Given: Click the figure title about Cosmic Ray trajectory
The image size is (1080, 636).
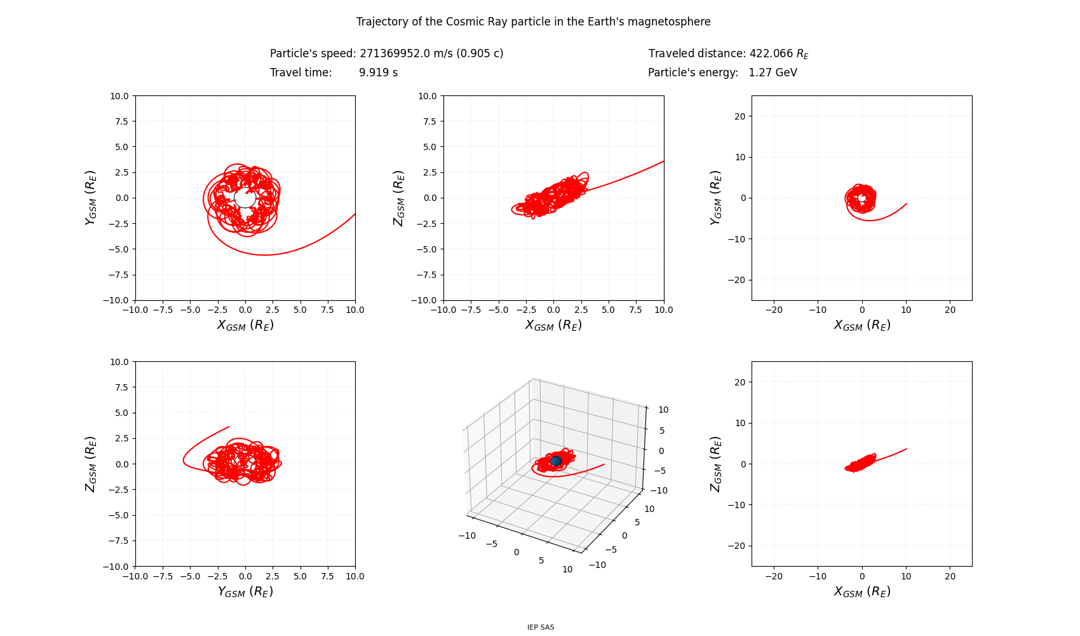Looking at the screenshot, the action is [533, 22].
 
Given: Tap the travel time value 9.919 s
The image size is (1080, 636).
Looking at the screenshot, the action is [379, 73].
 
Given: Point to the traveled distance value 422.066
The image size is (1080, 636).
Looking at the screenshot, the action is [771, 53].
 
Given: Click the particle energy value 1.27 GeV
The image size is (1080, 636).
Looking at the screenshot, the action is [773, 73].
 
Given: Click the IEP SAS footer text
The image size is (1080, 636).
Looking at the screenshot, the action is [541, 627].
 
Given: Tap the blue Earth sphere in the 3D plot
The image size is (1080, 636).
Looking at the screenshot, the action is [556, 461].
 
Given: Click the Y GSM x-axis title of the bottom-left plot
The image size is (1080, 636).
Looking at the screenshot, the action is [245, 591].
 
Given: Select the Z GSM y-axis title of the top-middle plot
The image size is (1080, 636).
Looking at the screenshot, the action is [399, 198].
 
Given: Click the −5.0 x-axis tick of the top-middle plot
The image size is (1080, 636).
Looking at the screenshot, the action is [498, 310].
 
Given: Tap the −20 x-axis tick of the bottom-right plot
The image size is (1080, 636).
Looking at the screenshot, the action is [774, 576].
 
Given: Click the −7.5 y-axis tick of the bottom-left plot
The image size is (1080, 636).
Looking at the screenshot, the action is [119, 541].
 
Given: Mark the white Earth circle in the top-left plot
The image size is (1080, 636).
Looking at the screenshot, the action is [245, 197].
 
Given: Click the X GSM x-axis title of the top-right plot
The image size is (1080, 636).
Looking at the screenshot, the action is [862, 325].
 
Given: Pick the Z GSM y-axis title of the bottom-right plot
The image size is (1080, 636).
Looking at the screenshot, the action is [715, 464].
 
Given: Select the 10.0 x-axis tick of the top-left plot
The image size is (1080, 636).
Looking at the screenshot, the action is [355, 310].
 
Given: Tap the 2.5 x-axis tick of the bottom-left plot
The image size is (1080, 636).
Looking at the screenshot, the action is [273, 576].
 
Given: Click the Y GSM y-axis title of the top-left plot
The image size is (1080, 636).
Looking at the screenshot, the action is [91, 198].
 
